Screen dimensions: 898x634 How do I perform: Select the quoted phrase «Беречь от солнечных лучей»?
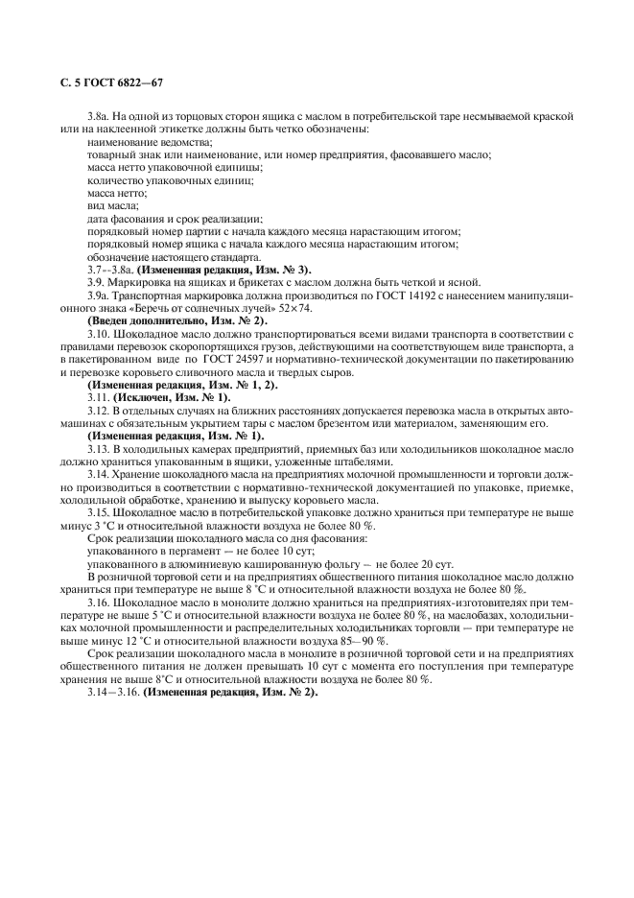coord(201,309)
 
